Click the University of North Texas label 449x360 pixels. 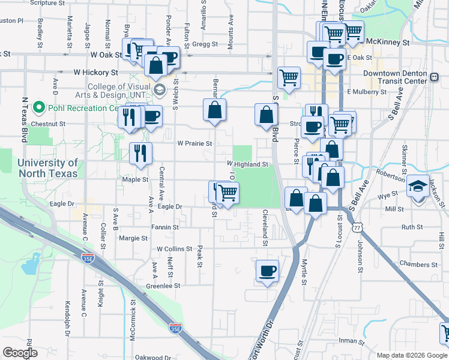point(47,168)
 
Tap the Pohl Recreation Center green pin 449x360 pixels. point(40,108)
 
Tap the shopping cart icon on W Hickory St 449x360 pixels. point(289,77)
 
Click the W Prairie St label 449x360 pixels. point(194,143)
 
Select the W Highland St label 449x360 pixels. point(247,164)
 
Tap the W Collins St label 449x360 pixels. point(174,248)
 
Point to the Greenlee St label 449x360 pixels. point(163,286)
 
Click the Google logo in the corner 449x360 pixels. point(20,353)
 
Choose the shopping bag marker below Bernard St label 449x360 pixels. point(214,110)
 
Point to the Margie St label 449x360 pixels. point(133,238)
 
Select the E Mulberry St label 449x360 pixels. point(367,92)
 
